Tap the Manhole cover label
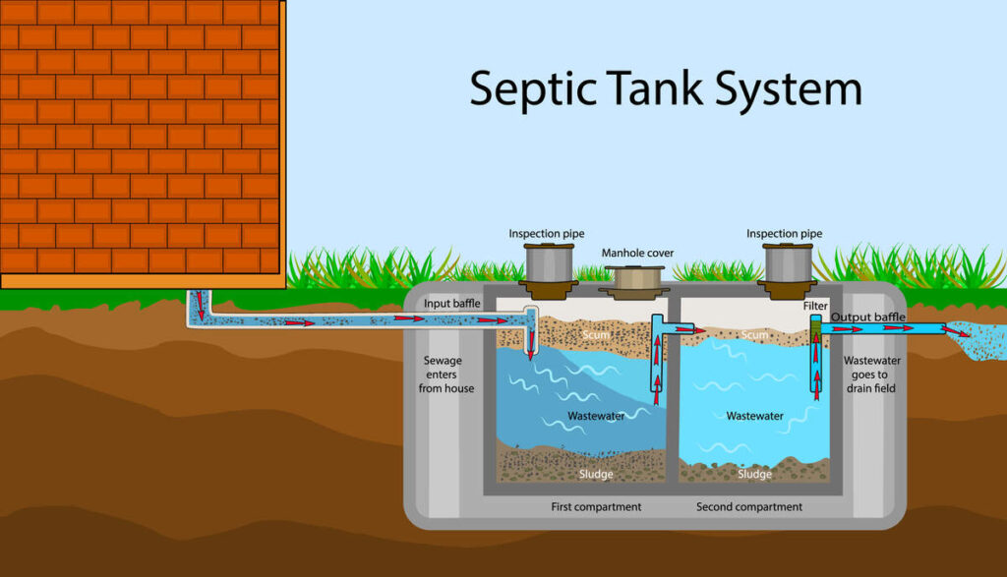[637, 253]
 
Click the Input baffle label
[451, 304]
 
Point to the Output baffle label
[868, 317]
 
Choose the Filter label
[815, 307]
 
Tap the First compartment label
[595, 507]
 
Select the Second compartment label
[749, 507]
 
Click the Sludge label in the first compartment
[596, 475]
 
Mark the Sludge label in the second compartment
[754, 475]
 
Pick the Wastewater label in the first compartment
[596, 416]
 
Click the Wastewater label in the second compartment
[754, 416]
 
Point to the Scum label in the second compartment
[754, 335]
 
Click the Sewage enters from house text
[447, 375]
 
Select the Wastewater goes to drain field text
[872, 375]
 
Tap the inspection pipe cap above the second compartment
[787, 263]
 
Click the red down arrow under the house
[201, 306]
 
